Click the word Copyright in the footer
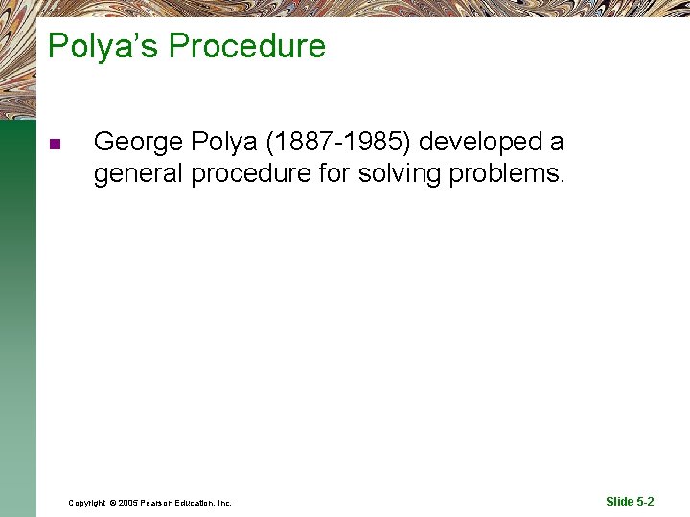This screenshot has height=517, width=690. point(87,503)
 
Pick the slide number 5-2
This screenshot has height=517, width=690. point(645,502)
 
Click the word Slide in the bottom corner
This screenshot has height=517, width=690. point(620,502)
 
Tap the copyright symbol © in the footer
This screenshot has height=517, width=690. point(112,503)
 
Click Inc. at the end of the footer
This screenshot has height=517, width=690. point(224,503)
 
